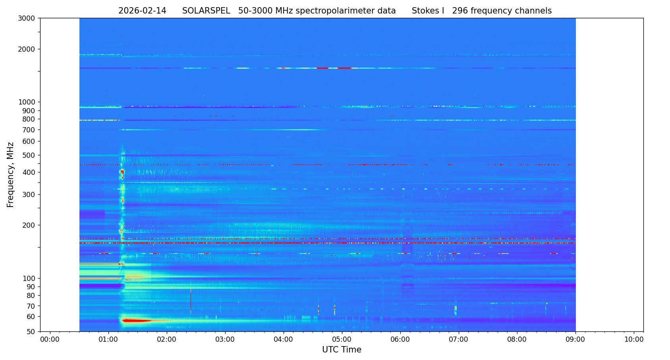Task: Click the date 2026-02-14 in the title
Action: tap(142, 11)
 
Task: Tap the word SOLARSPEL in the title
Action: tap(206, 11)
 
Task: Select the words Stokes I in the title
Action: tap(428, 11)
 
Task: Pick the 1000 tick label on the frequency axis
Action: tap(27, 102)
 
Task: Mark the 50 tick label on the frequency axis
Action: tap(31, 331)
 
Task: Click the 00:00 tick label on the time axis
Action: tap(50, 340)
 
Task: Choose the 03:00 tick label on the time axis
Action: tap(225, 340)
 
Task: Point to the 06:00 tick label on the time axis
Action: tap(400, 340)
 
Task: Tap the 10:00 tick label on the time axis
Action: tap(634, 340)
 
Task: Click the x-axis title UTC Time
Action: tap(342, 350)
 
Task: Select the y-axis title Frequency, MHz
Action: tap(11, 175)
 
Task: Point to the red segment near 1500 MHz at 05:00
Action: tap(344, 68)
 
